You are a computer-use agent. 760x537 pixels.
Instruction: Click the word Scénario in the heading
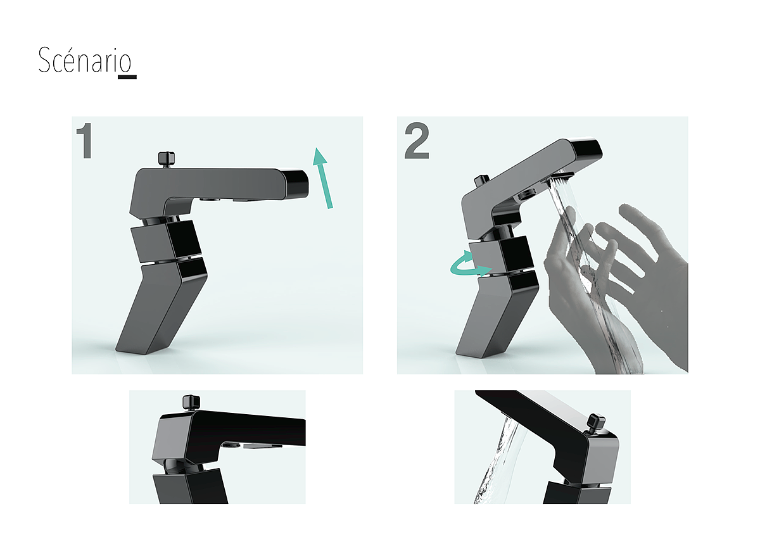pyautogui.click(x=85, y=60)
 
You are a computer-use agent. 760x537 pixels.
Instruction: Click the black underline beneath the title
pyautogui.click(x=127, y=77)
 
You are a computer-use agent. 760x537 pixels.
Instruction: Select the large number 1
pyautogui.click(x=84, y=141)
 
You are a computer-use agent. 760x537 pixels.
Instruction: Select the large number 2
pyautogui.click(x=417, y=141)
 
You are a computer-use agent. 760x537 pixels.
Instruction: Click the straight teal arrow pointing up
pyautogui.click(x=322, y=178)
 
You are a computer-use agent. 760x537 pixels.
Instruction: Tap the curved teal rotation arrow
pyautogui.click(x=470, y=264)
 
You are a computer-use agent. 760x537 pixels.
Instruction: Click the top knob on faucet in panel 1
pyautogui.click(x=167, y=160)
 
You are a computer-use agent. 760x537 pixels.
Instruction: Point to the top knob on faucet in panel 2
pyautogui.click(x=482, y=182)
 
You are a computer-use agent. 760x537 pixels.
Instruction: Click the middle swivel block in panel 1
pyautogui.click(x=166, y=241)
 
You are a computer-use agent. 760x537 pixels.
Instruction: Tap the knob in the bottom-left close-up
pyautogui.click(x=191, y=402)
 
